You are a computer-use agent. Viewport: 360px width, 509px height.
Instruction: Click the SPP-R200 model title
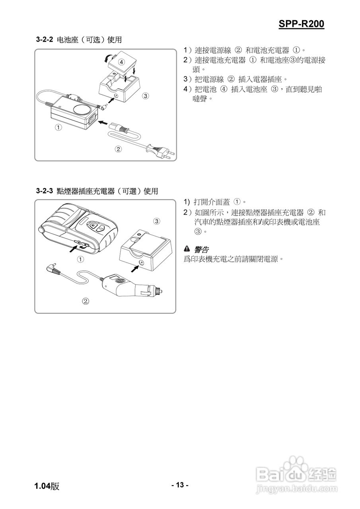(x=302, y=24)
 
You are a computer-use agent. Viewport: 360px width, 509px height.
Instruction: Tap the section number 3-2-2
(x=45, y=40)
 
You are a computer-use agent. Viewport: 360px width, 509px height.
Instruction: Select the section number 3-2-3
(x=45, y=191)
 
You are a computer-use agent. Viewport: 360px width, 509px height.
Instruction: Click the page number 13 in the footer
(x=180, y=485)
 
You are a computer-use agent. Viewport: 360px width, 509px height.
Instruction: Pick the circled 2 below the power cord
(x=118, y=149)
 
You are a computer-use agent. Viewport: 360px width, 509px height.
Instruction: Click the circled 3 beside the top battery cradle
(x=145, y=95)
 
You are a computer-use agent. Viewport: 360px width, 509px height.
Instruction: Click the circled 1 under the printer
(x=81, y=259)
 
